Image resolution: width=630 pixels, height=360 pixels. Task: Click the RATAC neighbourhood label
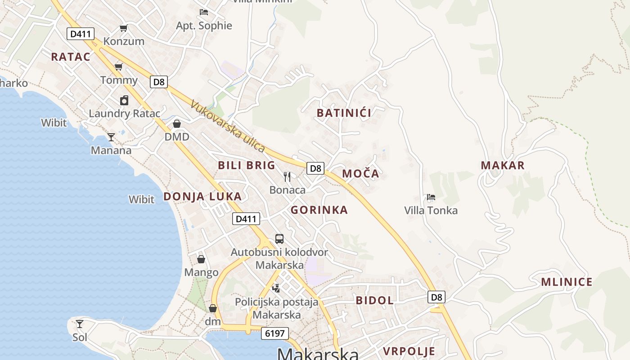click(71, 57)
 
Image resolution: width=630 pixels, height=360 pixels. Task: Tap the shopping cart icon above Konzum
click(123, 28)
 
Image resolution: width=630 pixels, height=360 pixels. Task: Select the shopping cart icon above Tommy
click(119, 67)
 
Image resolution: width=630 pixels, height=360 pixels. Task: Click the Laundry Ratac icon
click(124, 100)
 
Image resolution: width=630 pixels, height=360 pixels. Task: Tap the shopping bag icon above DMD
click(177, 124)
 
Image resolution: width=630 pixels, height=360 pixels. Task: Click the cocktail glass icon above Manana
click(111, 137)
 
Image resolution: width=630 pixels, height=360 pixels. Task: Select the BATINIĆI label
click(344, 113)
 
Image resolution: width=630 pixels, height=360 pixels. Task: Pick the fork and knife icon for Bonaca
click(287, 176)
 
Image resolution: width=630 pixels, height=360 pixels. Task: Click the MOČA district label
click(360, 174)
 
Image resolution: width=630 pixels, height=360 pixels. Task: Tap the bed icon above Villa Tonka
click(431, 197)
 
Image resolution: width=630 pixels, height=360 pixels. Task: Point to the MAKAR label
click(503, 166)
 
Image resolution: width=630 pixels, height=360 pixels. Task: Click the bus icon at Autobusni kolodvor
click(279, 239)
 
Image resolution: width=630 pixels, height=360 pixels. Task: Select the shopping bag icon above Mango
click(201, 259)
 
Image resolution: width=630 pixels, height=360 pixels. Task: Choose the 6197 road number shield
click(274, 333)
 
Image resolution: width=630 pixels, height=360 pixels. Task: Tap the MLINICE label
click(567, 282)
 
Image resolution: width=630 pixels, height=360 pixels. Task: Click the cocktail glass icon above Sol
click(80, 324)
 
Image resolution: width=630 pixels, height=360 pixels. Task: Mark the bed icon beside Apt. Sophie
click(204, 12)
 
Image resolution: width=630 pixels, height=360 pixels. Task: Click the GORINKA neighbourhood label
click(319, 210)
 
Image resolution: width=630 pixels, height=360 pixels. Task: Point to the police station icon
click(276, 288)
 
